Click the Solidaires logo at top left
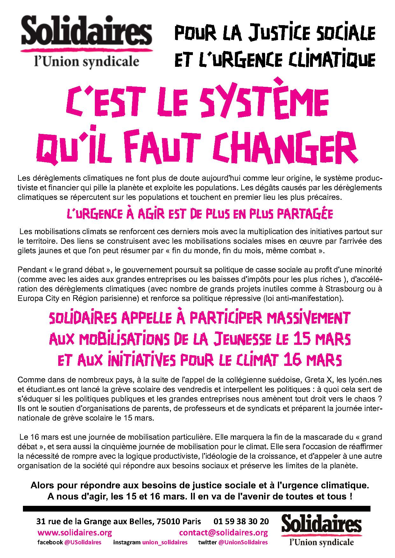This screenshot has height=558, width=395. click(x=86, y=41)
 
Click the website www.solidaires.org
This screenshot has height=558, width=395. click(x=74, y=533)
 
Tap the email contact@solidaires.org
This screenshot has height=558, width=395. click(x=223, y=533)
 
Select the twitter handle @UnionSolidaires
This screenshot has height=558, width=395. click(x=243, y=542)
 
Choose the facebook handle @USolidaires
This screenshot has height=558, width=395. click(x=83, y=542)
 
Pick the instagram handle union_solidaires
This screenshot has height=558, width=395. click(x=165, y=542)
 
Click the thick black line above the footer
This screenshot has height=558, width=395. click(x=197, y=509)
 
